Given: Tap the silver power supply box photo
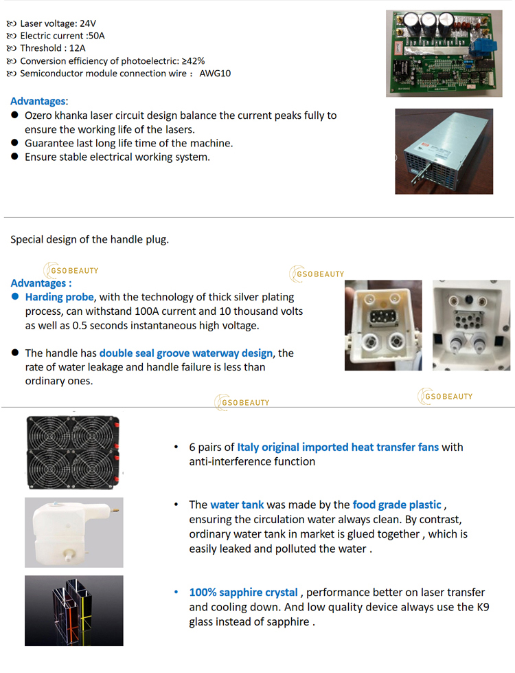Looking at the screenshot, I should coord(444,151).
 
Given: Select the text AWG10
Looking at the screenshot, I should coord(215,73).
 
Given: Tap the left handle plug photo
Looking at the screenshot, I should coord(383,324).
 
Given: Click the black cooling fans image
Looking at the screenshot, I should coord(74,450).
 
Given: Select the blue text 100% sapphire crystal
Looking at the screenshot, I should coord(243,592).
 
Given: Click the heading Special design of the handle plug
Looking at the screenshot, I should coord(89,240).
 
